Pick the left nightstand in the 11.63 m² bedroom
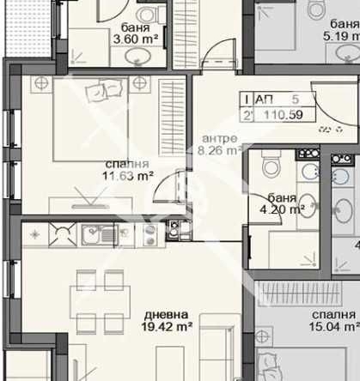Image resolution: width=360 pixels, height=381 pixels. point(41,83)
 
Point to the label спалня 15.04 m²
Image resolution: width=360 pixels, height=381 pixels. point(333,320)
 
